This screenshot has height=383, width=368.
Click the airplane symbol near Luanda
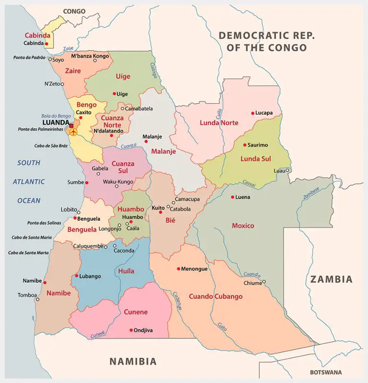73,132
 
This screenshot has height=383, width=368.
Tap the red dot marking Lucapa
253,113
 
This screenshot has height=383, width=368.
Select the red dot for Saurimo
244,145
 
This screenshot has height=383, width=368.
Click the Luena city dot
232,197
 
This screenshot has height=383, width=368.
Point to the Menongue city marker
178,269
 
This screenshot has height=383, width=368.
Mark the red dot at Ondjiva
131,330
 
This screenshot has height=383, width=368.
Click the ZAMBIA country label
331,279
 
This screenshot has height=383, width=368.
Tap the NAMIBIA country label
133,361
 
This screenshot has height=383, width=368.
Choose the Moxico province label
243,226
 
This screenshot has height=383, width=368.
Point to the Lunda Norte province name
218,123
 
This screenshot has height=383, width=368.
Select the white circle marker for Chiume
264,282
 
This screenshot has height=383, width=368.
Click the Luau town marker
288,170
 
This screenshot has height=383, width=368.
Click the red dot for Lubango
77,276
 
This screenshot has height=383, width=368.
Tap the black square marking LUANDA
71,126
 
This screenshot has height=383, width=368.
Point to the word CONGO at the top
74,11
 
